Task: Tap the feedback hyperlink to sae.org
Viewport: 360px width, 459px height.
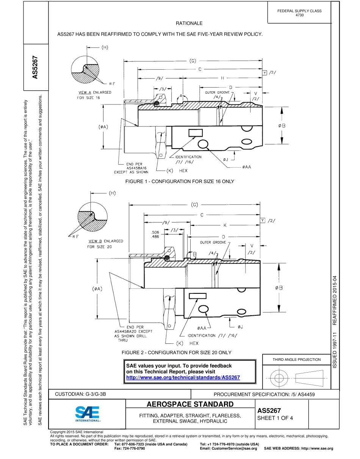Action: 183,378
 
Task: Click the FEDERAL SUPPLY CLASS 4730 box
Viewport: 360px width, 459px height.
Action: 299,13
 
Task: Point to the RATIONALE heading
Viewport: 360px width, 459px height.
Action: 189,23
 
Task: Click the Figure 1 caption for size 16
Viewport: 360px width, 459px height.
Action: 179,182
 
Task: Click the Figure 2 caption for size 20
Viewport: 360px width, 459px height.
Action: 176,352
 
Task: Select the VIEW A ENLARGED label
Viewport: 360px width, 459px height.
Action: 95,92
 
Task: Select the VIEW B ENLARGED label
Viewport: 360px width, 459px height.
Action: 105,241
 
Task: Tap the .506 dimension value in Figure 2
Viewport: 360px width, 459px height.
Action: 155,232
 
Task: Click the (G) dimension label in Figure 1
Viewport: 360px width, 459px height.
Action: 193,61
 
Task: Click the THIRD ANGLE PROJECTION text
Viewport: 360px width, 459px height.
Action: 296,359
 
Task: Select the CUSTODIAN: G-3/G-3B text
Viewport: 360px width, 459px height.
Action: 81,394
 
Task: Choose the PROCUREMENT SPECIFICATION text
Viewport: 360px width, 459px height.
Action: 264,395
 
